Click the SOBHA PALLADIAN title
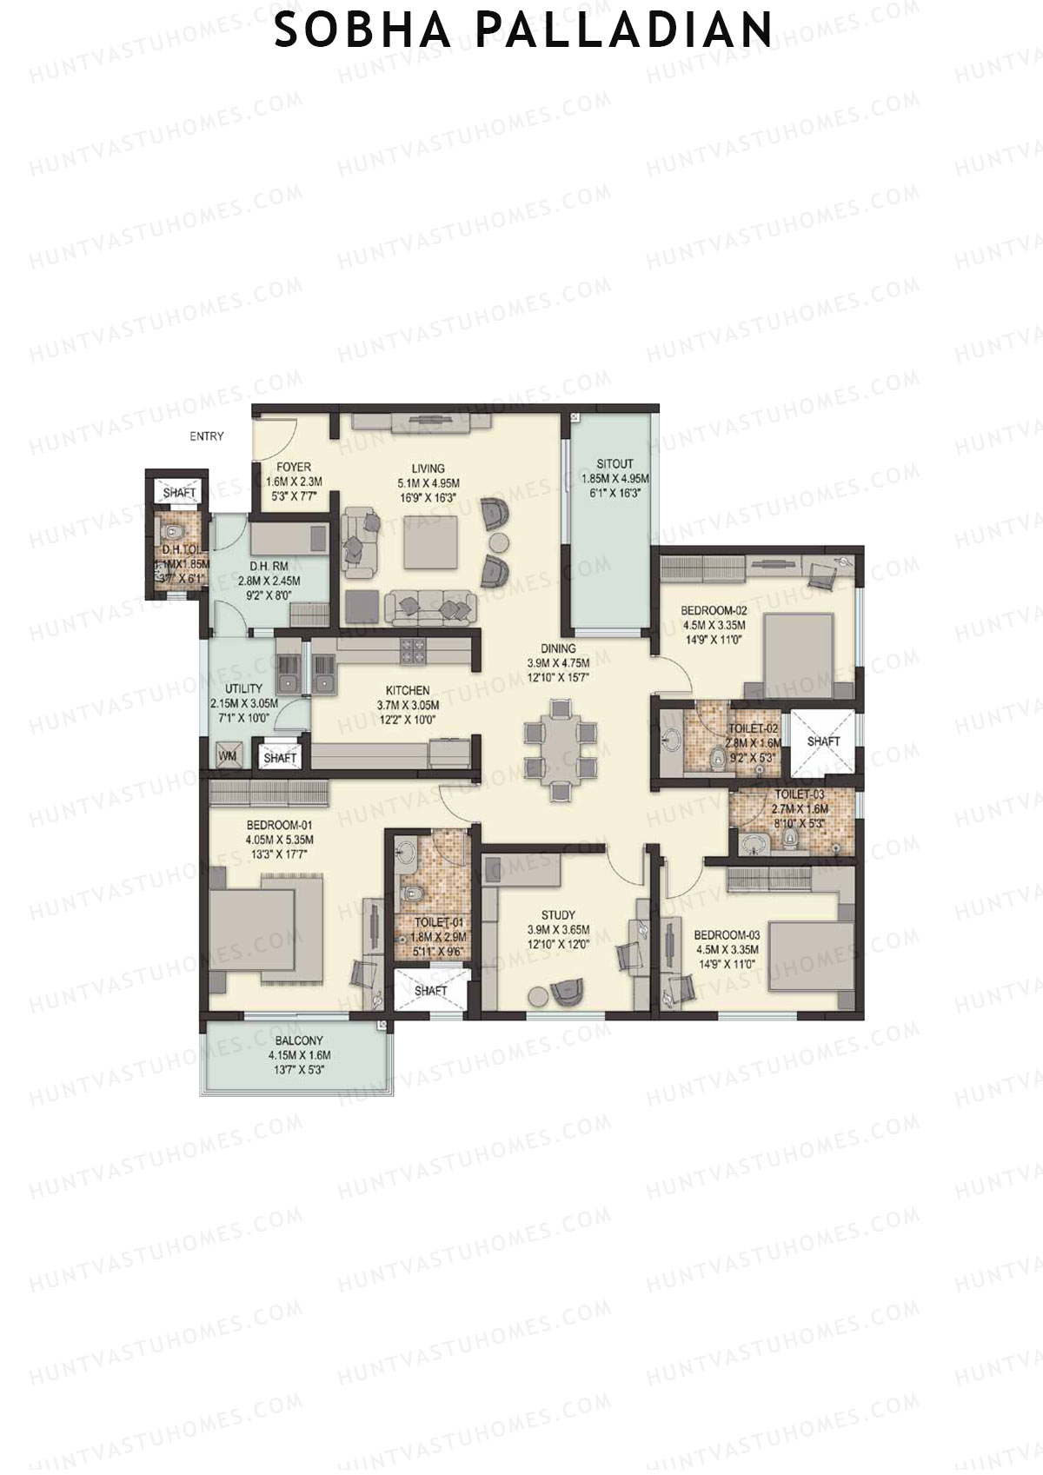point(522,30)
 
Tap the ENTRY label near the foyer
point(207,436)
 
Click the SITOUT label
point(615,463)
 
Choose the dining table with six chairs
point(561,748)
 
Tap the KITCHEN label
point(408,691)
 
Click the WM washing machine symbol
point(228,756)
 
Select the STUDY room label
point(557,915)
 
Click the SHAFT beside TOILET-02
point(823,741)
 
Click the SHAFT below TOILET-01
point(431,991)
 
